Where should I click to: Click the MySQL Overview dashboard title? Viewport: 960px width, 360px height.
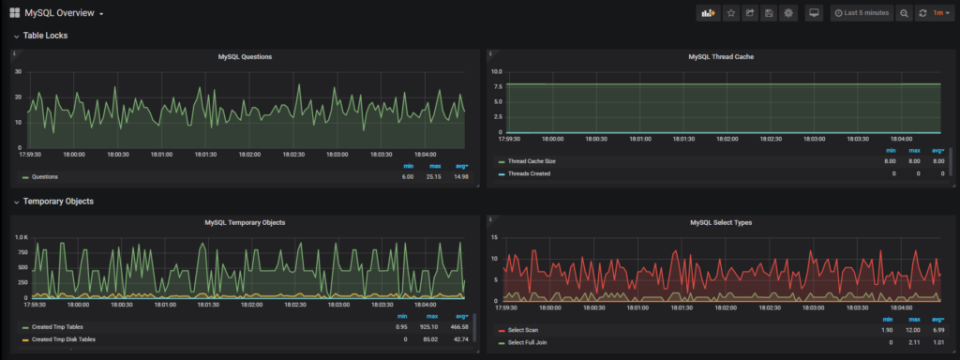coord(58,13)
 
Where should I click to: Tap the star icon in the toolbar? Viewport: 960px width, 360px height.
coord(731,13)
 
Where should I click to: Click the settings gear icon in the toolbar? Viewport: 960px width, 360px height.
coord(788,13)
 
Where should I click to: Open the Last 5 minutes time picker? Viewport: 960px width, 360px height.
coord(861,13)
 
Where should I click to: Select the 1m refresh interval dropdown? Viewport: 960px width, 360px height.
coord(937,13)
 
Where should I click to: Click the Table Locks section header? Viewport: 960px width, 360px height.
coord(45,36)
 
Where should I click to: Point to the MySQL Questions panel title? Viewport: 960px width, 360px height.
coord(245,57)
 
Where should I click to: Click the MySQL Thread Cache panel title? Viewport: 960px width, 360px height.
coord(721,57)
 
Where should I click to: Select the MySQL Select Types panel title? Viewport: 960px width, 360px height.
coord(721,222)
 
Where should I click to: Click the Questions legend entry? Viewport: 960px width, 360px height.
coord(45,176)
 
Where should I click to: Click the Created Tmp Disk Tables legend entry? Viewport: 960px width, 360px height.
coord(64,339)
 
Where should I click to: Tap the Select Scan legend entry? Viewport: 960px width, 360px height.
coord(524,331)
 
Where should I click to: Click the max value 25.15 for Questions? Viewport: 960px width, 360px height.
coord(434,176)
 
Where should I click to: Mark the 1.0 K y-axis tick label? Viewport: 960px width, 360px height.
coord(22,237)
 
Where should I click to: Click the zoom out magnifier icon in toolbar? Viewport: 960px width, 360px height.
coord(904,13)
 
